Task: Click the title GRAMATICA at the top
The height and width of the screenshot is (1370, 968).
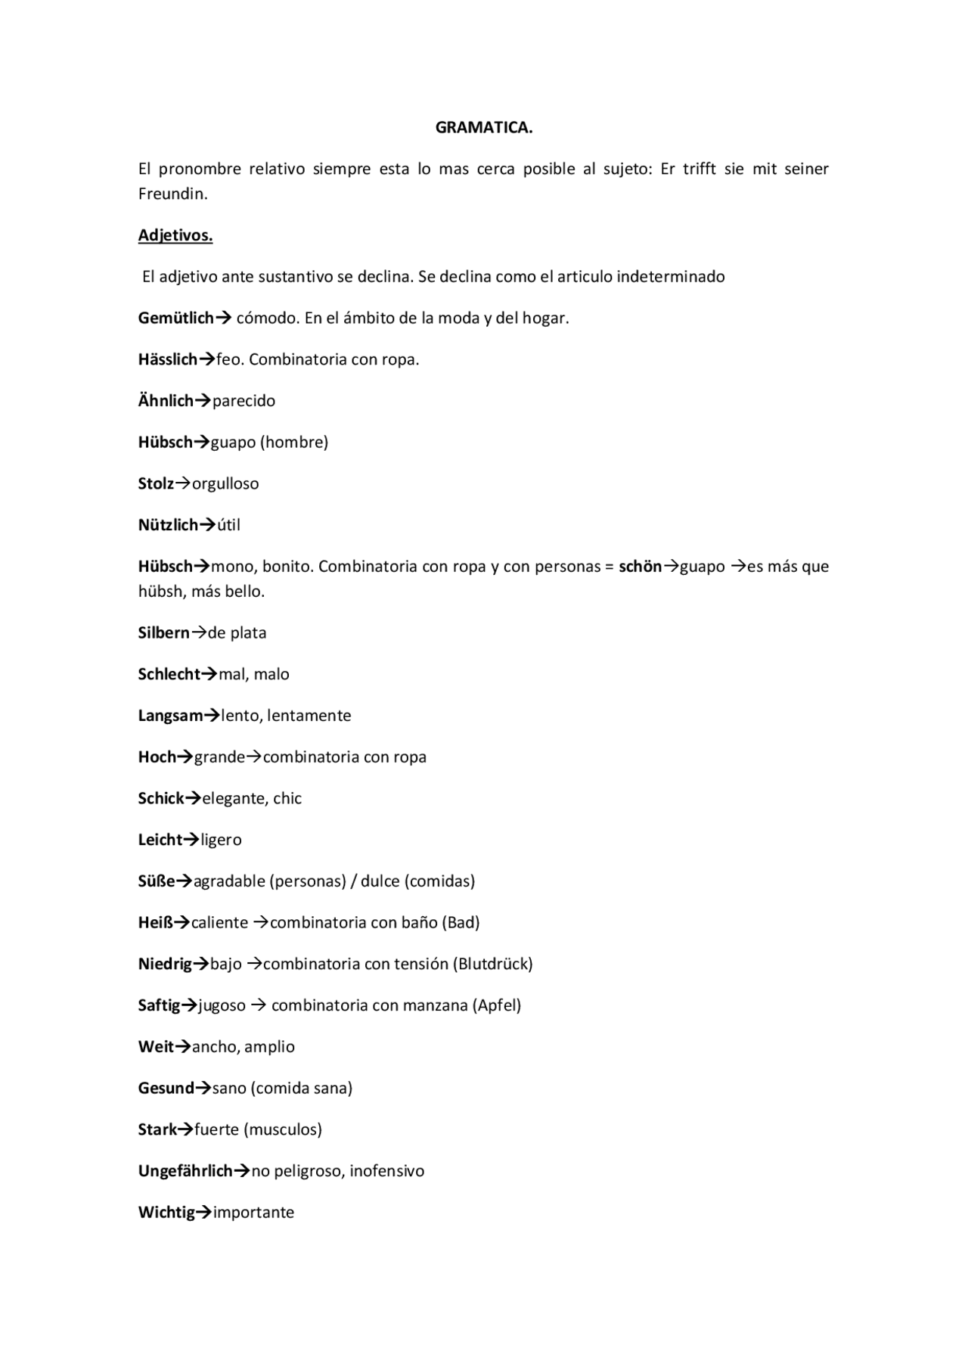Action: tap(483, 128)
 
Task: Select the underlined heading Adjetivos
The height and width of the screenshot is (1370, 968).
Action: tap(175, 235)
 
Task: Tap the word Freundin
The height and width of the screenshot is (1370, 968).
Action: tap(172, 194)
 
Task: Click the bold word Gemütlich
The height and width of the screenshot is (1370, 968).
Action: tap(175, 318)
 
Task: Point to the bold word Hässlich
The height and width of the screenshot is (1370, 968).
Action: tap(167, 359)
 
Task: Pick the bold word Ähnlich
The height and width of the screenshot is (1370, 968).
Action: tap(166, 401)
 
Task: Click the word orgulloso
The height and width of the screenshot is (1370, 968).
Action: tap(225, 483)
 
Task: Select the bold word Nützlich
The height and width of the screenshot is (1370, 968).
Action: tap(168, 525)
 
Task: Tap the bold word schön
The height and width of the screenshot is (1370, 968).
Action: tap(640, 567)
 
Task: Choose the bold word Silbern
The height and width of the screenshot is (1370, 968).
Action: tap(163, 632)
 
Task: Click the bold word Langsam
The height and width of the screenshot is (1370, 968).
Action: tap(170, 716)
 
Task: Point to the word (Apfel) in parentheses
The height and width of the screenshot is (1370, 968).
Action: tap(497, 1005)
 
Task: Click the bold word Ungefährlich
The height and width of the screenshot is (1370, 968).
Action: tap(185, 1171)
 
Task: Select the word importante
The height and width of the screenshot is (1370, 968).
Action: tap(253, 1213)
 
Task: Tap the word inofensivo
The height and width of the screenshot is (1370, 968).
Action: tap(386, 1171)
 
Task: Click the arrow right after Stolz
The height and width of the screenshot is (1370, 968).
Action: tap(183, 483)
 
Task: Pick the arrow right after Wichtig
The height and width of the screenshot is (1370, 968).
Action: tap(204, 1213)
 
